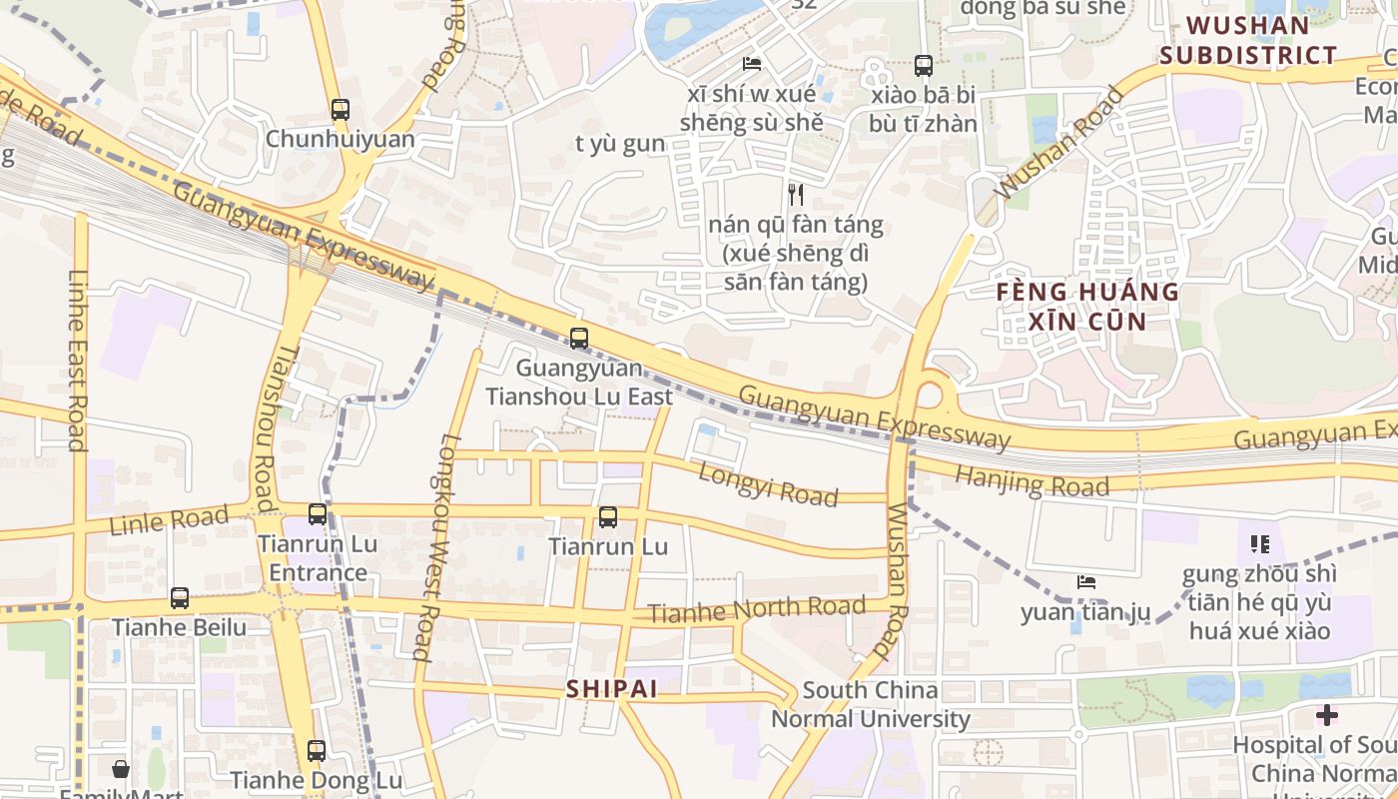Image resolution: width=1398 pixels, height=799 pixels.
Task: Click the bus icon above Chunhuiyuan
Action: point(341,110)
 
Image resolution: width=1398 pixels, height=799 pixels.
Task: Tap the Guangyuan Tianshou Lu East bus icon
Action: point(578,339)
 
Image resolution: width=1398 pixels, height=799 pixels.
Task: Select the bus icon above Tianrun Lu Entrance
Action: point(318,514)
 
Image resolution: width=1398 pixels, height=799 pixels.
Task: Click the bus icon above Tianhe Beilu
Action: point(180,598)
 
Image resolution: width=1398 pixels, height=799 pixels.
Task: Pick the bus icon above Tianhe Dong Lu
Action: point(317,751)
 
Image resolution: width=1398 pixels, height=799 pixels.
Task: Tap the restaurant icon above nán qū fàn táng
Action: point(796,194)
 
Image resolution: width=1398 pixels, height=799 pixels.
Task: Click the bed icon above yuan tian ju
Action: point(1086,582)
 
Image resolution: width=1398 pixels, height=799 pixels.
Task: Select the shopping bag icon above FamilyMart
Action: point(121,769)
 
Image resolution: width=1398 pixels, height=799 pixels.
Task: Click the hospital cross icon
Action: point(1326,715)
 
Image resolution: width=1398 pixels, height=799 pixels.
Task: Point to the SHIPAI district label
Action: point(612,689)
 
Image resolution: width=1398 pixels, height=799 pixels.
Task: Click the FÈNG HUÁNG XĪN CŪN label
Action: point(1088,307)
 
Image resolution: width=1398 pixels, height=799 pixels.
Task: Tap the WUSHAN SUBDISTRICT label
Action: point(1248,40)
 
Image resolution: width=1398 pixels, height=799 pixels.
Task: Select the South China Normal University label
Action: point(871,704)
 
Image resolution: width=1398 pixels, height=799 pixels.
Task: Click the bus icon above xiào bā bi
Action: point(924,66)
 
